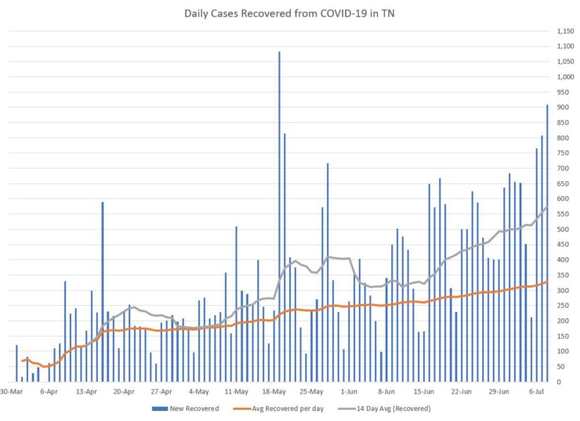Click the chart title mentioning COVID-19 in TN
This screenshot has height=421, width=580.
tap(290, 13)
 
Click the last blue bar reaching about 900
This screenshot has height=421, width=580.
tap(547, 243)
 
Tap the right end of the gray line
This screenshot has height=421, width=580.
tap(547, 207)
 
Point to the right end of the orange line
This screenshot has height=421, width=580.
tap(547, 281)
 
